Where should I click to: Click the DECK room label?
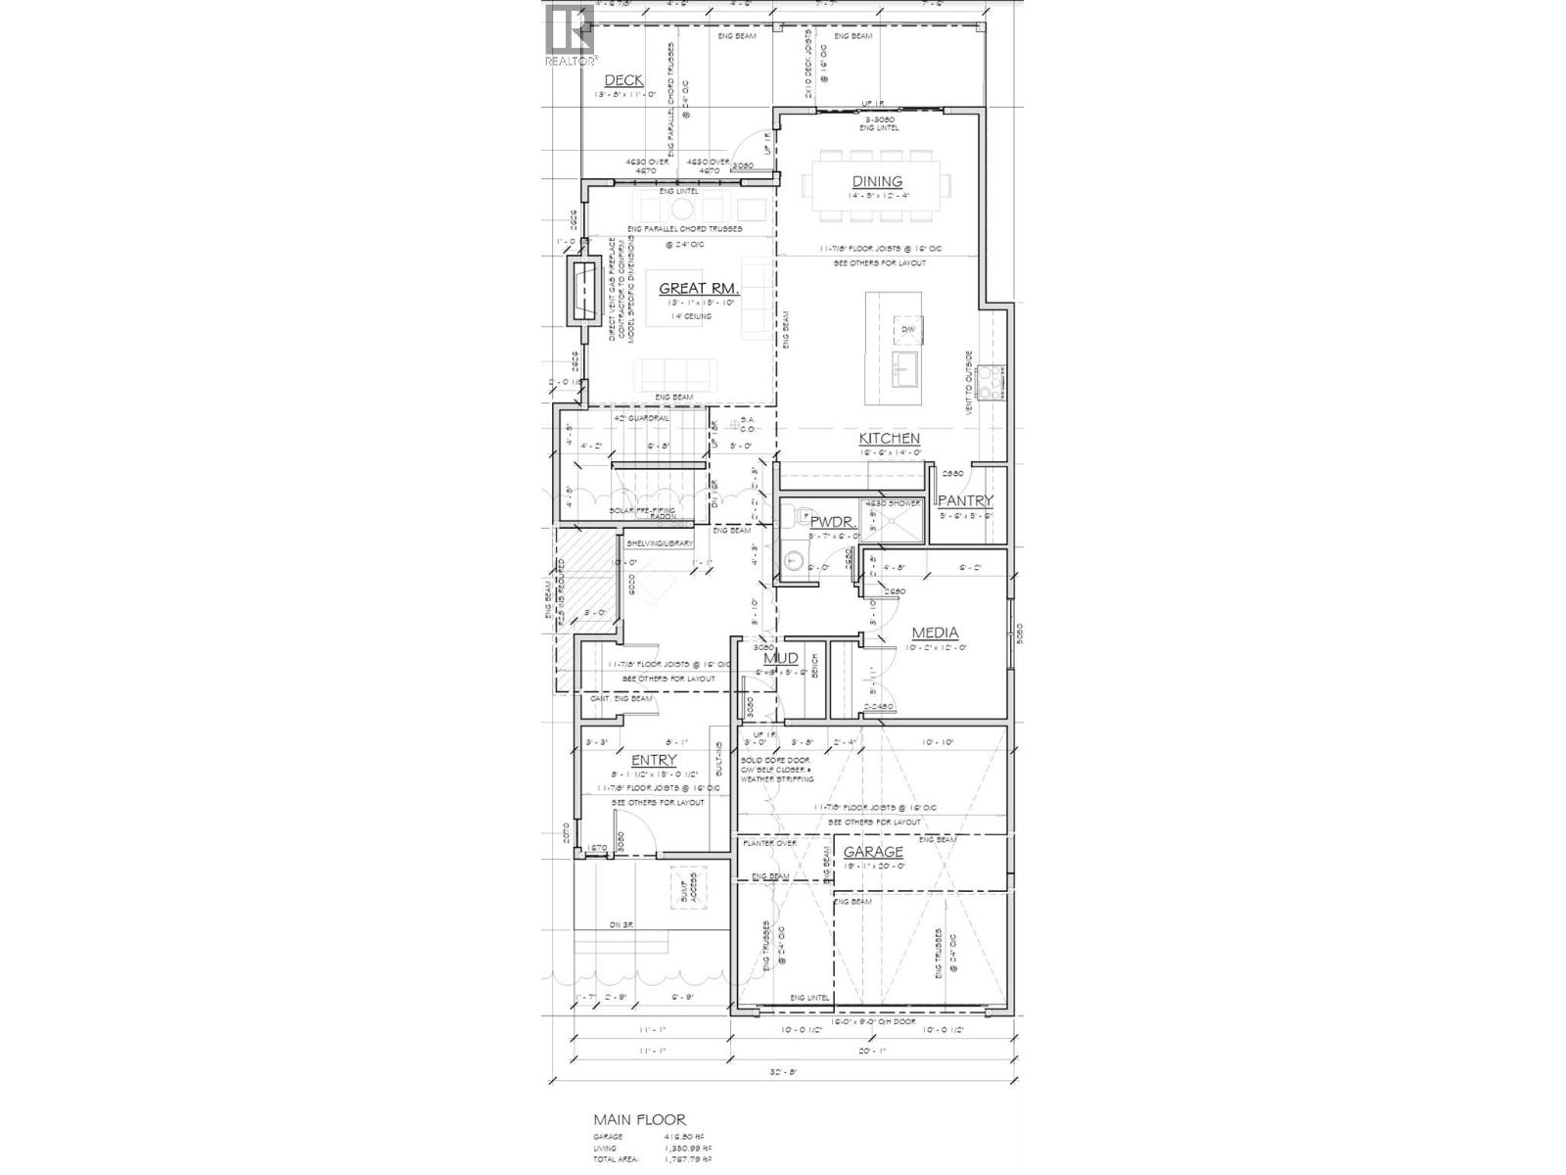623,80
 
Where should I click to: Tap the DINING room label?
877,181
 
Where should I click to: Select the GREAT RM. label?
698,288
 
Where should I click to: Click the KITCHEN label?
889,438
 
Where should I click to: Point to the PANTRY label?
966,500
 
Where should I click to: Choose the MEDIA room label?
935,633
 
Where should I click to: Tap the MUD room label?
781,658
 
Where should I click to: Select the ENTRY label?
654,760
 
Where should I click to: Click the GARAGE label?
873,852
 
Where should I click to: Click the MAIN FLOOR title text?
639,1119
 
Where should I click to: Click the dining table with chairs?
877,182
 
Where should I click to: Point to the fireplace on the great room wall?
586,292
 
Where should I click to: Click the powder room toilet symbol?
794,561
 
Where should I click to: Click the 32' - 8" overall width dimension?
783,1071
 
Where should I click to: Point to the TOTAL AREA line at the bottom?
653,1158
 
